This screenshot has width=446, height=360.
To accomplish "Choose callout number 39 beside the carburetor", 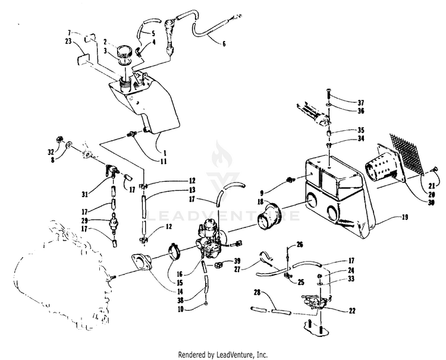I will (x=237, y=262).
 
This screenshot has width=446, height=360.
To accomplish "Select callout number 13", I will (x=192, y=190).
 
